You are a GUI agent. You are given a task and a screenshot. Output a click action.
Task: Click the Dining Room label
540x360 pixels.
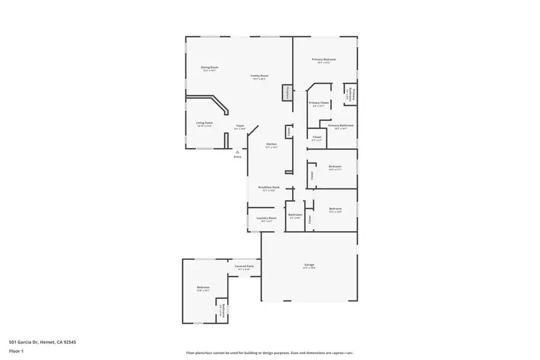pyautogui.click(x=209, y=68)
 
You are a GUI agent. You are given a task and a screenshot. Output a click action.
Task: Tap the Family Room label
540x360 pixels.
pyautogui.click(x=259, y=76)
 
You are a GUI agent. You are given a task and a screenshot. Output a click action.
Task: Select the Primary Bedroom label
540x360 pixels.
pyautogui.click(x=323, y=60)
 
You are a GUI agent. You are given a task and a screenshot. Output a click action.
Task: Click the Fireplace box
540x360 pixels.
pyautogui.click(x=287, y=94)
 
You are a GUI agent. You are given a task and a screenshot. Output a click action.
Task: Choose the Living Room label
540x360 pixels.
pyautogui.click(x=205, y=123)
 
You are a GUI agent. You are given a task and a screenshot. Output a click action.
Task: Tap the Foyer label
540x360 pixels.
pyautogui.click(x=239, y=126)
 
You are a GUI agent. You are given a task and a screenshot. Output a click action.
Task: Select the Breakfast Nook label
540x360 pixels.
pyautogui.click(x=269, y=187)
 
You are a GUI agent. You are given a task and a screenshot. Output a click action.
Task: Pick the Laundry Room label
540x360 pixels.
pyautogui.click(x=266, y=218)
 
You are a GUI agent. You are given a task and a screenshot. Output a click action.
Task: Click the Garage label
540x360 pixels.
pyautogui.click(x=309, y=265)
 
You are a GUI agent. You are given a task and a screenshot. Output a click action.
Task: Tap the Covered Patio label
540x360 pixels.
pyautogui.click(x=244, y=266)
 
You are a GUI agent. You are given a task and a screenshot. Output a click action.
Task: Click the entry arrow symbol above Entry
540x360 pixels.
pyautogui.click(x=238, y=152)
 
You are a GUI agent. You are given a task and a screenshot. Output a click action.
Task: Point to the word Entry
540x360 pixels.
pyautogui.click(x=238, y=157)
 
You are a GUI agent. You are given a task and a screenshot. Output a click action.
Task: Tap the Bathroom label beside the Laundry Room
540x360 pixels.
pyautogui.click(x=295, y=215)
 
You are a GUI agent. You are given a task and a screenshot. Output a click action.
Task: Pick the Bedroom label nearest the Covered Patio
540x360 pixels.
pyautogui.click(x=203, y=287)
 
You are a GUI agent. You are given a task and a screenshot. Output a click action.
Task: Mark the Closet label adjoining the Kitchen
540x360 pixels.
pyautogui.click(x=288, y=131)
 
